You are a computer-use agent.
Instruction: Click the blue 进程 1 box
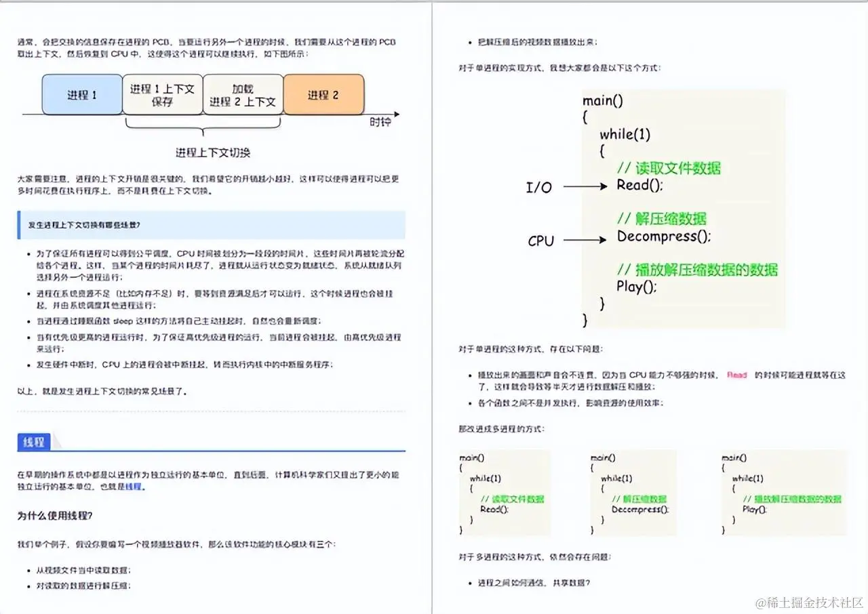click(82, 95)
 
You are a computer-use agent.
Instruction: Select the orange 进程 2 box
click(323, 95)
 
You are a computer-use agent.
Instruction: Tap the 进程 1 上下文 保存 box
click(162, 95)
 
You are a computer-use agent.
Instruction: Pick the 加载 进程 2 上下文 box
click(243, 95)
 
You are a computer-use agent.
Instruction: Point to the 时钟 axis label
click(380, 122)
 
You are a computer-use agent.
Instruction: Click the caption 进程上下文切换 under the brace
click(213, 152)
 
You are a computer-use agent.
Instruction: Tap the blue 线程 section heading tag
click(33, 442)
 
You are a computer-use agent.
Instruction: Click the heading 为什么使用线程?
click(55, 515)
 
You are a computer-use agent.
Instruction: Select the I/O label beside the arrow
click(539, 188)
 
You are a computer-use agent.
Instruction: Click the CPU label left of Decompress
click(540, 241)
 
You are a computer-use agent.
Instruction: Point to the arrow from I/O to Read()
click(585, 186)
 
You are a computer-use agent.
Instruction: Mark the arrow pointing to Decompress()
click(585, 239)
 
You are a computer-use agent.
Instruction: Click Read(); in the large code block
click(639, 185)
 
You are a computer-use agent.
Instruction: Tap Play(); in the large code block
click(637, 287)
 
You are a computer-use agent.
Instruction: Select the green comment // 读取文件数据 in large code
click(669, 168)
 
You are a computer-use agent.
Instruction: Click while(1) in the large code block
click(625, 134)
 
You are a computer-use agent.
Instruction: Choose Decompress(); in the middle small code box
click(639, 509)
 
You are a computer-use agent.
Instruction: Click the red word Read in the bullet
click(736, 375)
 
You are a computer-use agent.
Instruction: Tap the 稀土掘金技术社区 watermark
click(809, 602)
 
